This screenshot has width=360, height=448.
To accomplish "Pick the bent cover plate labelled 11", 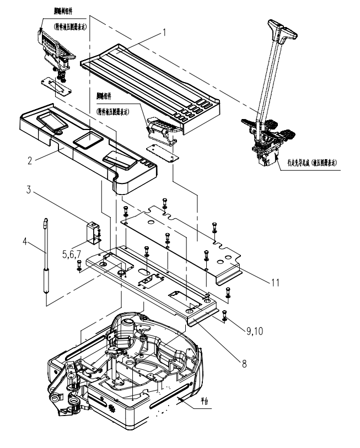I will click(x=182, y=237).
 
